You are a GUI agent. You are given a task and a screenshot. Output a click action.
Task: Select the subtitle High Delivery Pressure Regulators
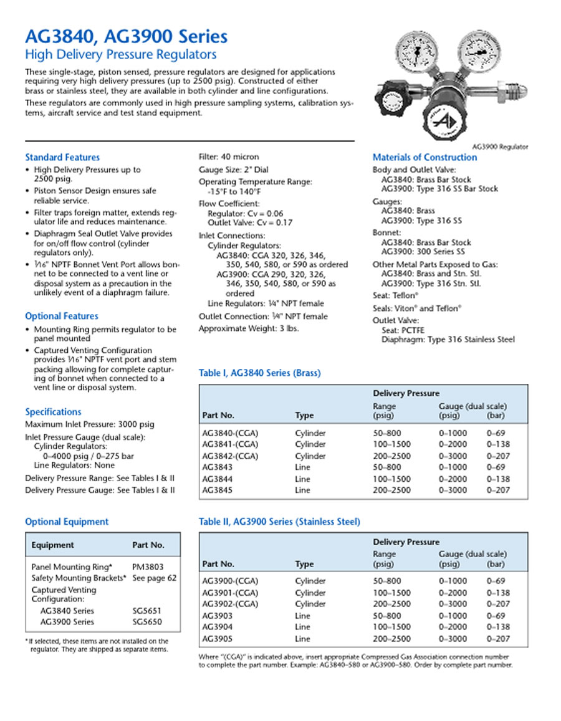[x=120, y=55]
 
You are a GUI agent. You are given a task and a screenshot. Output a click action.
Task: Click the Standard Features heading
[x=62, y=157]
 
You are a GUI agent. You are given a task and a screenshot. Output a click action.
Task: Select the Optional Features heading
[x=61, y=316]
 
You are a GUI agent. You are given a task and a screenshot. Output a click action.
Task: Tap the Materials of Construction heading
[x=424, y=157]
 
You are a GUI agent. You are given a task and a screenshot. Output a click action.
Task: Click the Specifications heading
[x=53, y=411]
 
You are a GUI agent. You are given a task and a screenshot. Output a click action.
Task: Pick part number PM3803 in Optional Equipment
[x=148, y=566]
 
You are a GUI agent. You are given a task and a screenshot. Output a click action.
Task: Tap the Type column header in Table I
[x=304, y=416]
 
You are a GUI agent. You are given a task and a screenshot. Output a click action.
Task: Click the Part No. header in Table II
[x=218, y=564]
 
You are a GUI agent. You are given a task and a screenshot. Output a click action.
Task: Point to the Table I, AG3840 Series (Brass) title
[x=259, y=373]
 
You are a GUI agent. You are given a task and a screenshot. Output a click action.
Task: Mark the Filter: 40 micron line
[x=228, y=157]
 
